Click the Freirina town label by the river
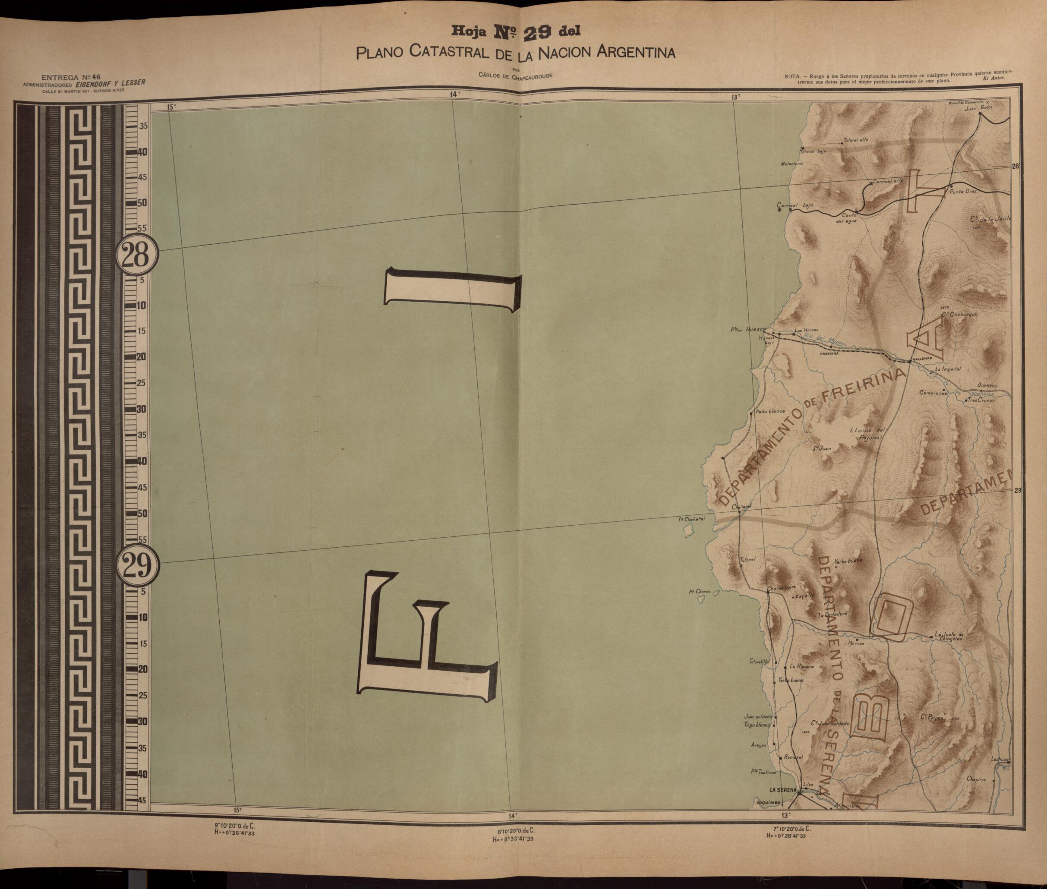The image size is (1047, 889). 829,354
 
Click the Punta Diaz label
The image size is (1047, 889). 963,192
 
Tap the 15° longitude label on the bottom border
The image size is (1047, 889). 237,824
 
